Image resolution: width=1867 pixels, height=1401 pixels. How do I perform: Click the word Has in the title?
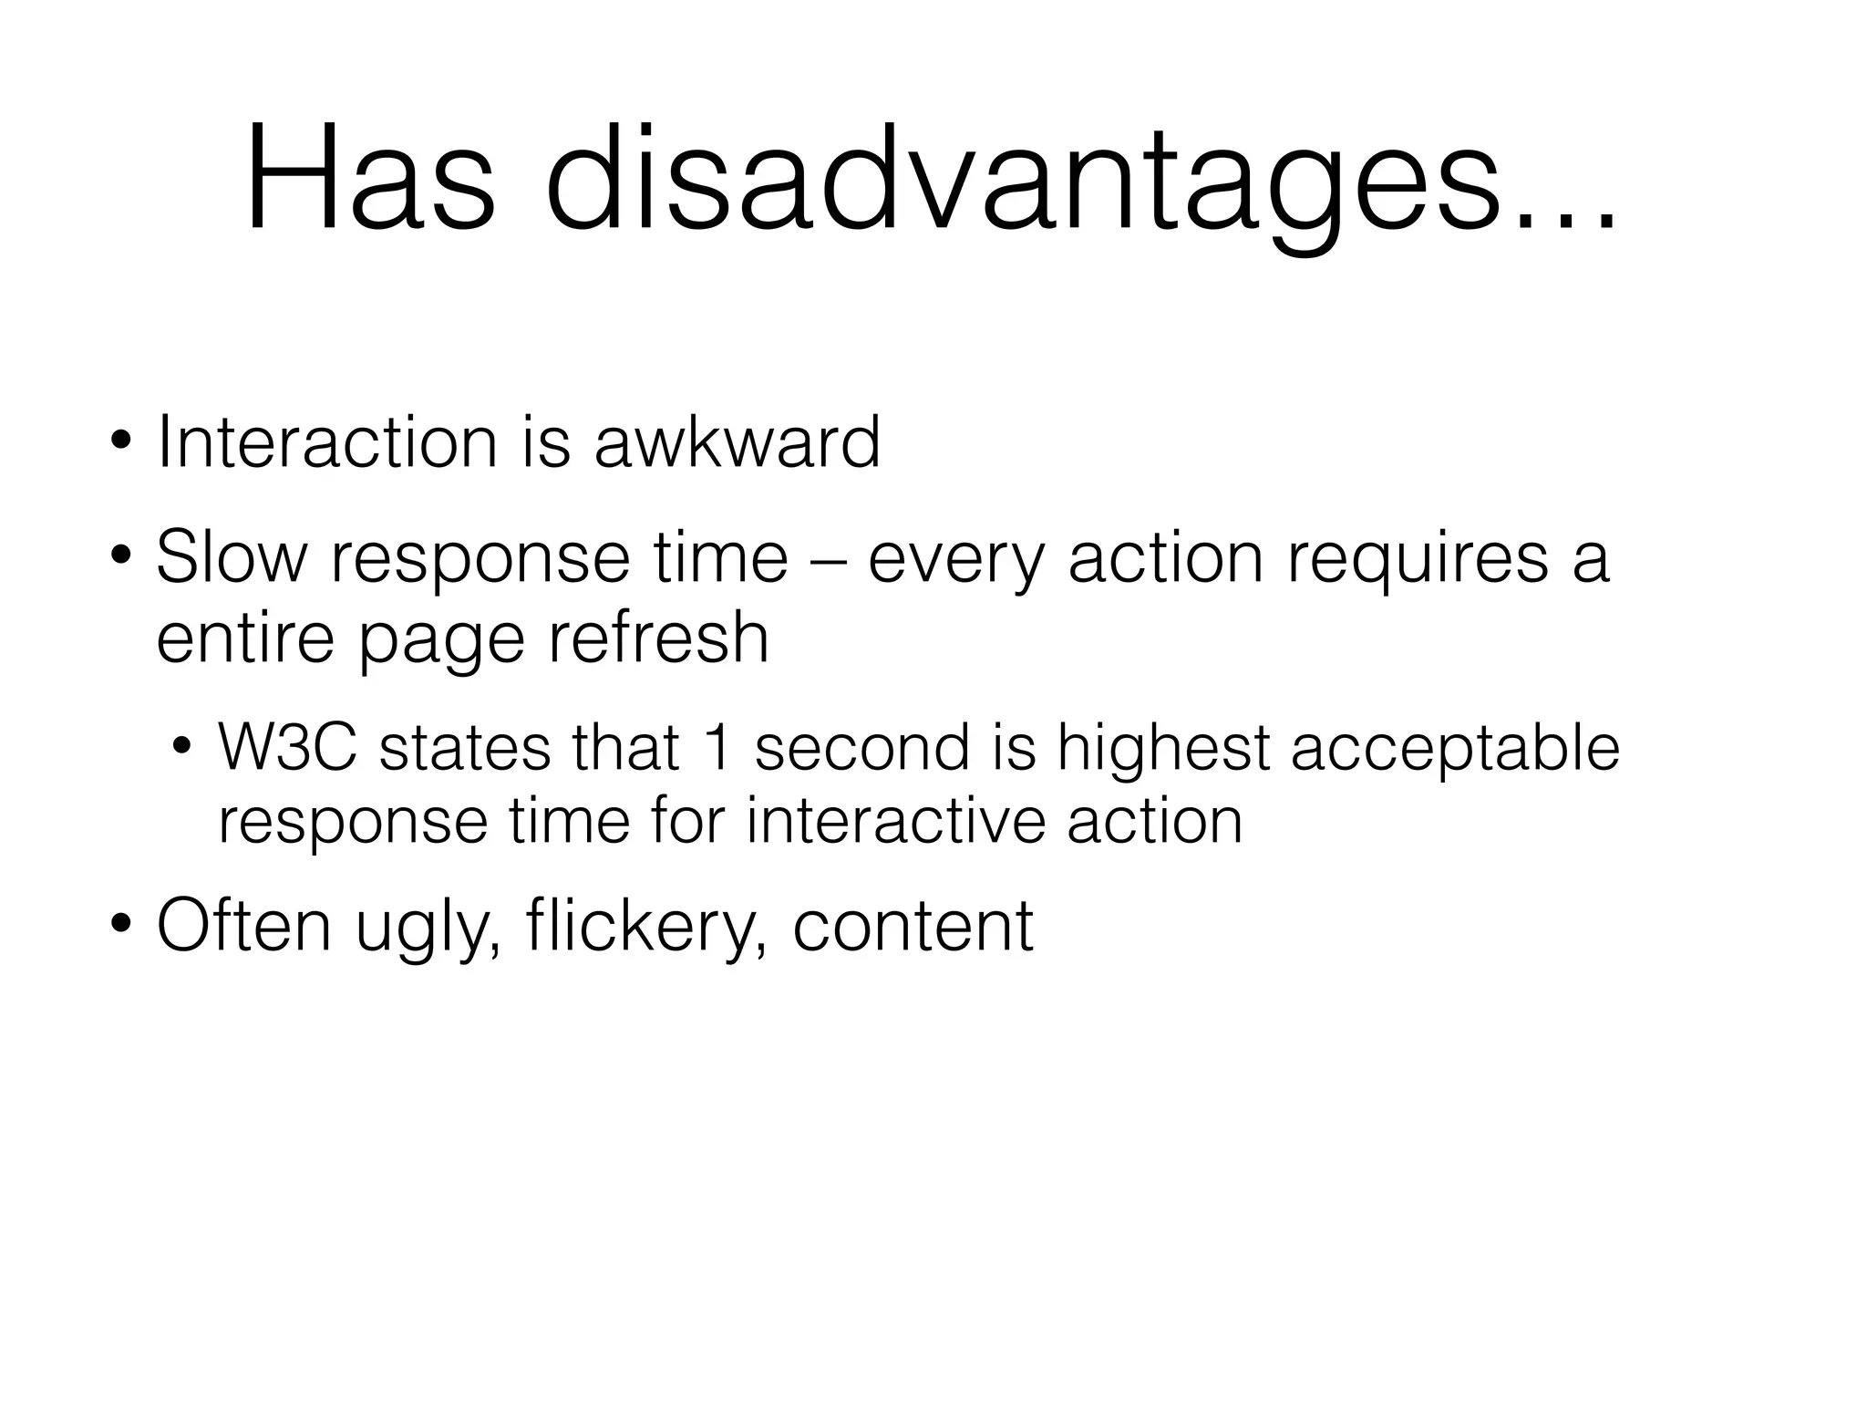click(x=370, y=181)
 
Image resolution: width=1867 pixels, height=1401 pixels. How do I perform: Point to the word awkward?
click(x=737, y=443)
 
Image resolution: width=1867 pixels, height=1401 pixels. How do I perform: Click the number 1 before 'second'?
click(x=717, y=749)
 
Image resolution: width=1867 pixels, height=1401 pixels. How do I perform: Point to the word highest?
click(x=1163, y=749)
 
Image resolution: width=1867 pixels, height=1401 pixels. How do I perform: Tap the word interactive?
click(x=893, y=821)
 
